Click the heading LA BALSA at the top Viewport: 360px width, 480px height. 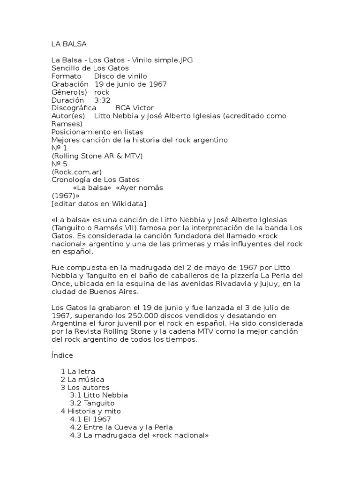click(69, 44)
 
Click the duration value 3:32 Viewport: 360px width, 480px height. click(103, 100)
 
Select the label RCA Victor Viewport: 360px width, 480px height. click(135, 108)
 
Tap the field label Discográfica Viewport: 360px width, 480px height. click(74, 108)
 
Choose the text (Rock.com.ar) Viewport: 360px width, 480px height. click(77, 172)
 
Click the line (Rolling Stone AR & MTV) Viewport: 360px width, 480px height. click(97, 156)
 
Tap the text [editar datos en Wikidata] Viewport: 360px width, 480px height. click(98, 203)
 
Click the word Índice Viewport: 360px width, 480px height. click(62, 355)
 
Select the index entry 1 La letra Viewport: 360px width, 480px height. click(78, 371)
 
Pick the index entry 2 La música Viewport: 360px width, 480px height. click(82, 379)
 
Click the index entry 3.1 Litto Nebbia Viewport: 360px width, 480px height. click(99, 395)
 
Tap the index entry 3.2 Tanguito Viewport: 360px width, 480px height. click(92, 403)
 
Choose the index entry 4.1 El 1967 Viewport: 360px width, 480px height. click(90, 419)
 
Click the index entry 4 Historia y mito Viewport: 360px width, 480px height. click(91, 411)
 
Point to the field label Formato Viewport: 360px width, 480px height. click(66, 76)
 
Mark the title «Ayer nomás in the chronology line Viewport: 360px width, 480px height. click(143, 187)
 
